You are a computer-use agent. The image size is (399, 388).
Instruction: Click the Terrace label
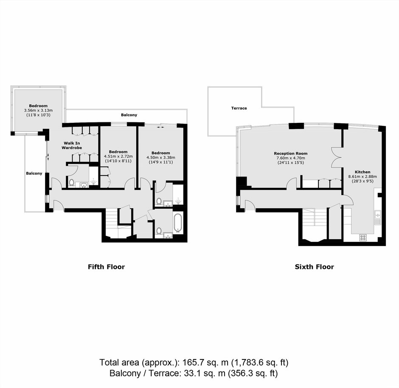(239, 108)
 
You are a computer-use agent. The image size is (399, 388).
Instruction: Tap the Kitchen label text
(362, 172)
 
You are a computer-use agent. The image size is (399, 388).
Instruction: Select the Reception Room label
(291, 153)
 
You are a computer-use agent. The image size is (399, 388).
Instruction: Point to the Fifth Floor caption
(107, 267)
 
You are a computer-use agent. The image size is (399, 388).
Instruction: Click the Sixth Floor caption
(314, 267)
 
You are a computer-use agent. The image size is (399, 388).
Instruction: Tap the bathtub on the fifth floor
(178, 223)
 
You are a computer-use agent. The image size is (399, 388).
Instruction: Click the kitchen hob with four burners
(363, 238)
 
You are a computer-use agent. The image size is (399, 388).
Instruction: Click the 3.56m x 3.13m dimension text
(38, 110)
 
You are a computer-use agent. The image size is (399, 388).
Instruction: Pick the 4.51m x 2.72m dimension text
(118, 156)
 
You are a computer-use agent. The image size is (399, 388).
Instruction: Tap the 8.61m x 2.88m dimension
(362, 176)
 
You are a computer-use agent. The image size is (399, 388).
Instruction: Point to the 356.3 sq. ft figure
(253, 373)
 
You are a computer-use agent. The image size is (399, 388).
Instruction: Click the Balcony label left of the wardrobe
(34, 173)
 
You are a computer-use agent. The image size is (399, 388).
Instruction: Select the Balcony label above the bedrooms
(129, 115)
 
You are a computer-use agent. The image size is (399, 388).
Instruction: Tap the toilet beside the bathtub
(159, 231)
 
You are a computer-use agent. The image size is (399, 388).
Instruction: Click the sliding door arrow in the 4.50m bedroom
(160, 127)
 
